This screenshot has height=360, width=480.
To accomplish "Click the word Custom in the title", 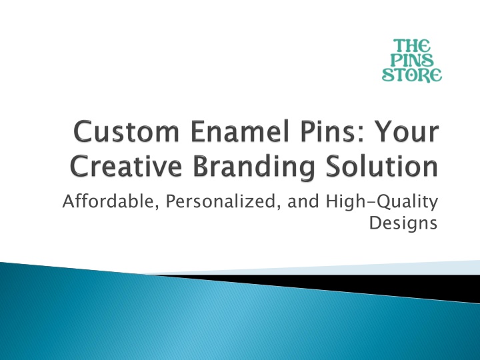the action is coord(127,131).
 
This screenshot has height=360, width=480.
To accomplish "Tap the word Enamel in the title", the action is coord(240,131).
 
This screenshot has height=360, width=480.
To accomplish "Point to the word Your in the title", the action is coord(407,131).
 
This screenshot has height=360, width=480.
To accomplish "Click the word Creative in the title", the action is coord(126,166).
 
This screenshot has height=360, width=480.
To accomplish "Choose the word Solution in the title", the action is coord(382,166).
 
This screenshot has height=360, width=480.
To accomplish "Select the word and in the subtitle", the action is coord(303,202).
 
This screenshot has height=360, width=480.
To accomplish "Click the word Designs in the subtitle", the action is coord(403,223).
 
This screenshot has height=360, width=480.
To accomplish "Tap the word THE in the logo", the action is coord(412,45).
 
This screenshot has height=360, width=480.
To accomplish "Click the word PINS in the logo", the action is coord(412,60).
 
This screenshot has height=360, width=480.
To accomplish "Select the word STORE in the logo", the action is coord(412,75).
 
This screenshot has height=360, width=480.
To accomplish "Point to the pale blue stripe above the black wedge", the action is coord(337,269).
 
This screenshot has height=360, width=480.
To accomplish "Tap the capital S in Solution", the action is coord(333,166).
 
